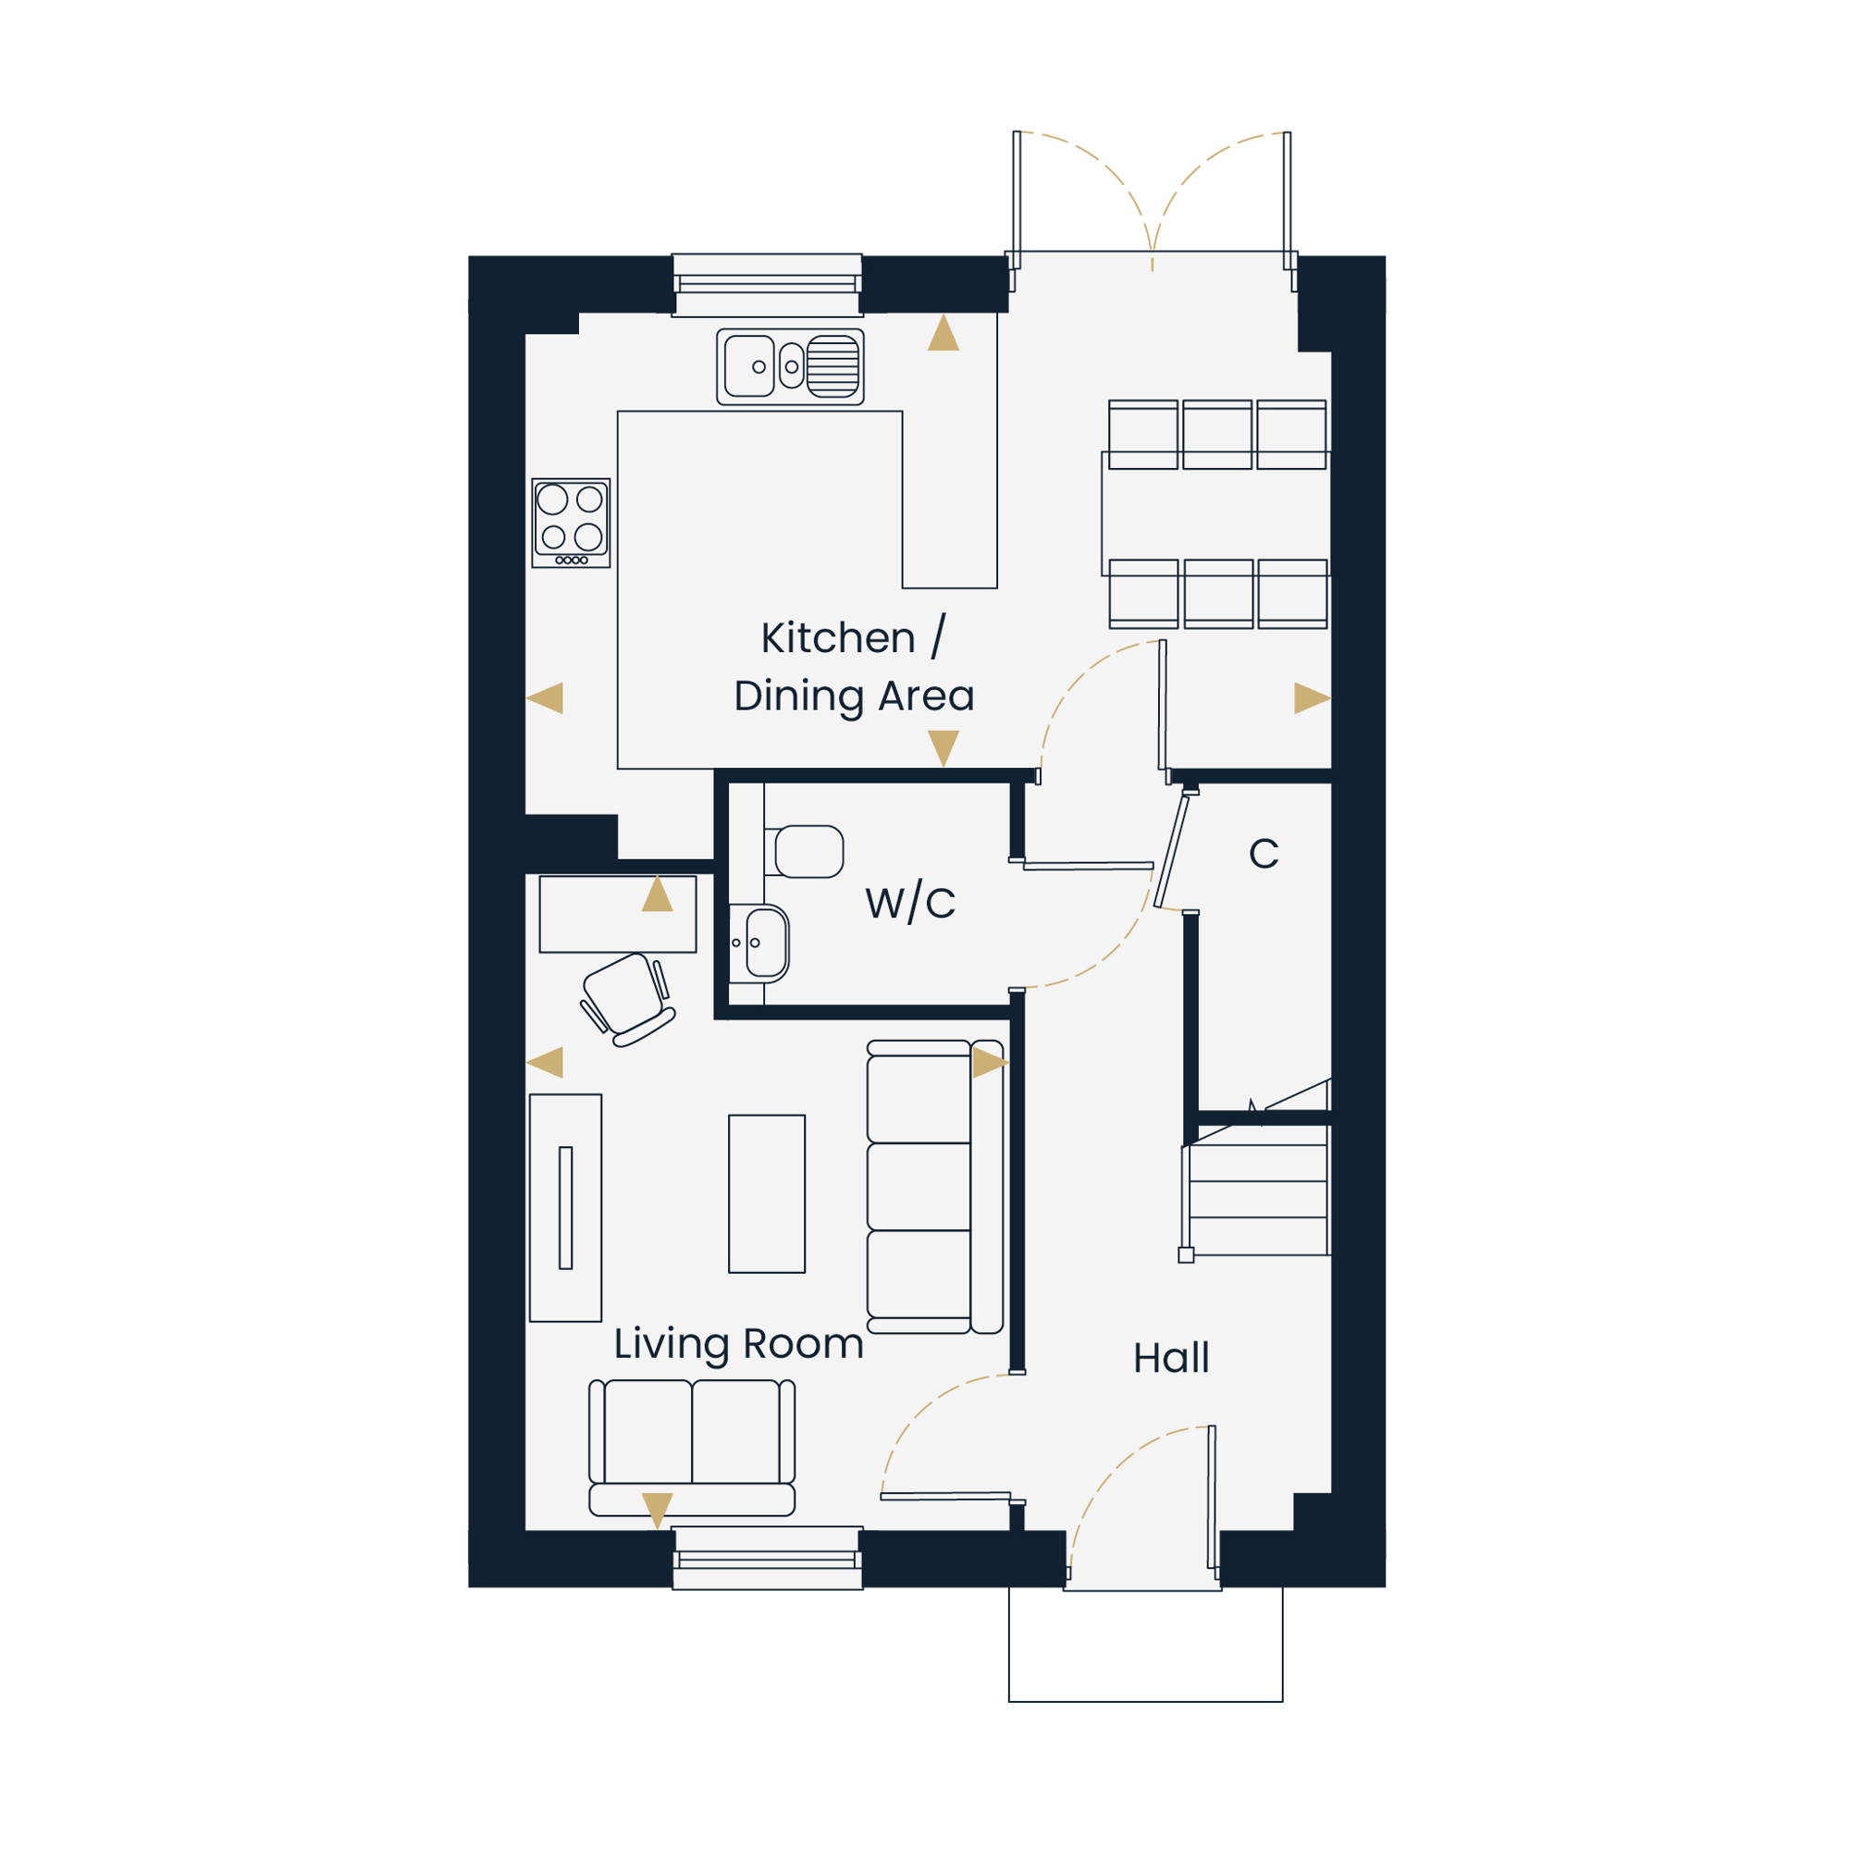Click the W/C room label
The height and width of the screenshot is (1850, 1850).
point(909,902)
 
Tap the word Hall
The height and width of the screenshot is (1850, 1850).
point(1171,1357)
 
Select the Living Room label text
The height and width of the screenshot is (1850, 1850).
point(738,1344)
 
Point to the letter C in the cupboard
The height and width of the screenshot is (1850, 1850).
point(1263,853)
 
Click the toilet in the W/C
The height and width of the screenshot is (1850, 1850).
point(805,851)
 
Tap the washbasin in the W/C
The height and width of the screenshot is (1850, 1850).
point(759,943)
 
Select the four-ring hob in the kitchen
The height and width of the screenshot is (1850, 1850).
point(571,523)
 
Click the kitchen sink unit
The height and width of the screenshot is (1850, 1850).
point(790,366)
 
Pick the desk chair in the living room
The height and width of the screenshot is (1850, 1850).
point(627,1000)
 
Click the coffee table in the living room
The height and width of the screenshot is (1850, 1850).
point(766,1193)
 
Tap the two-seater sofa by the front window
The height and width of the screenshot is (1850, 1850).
point(691,1447)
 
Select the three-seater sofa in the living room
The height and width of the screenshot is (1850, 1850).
point(934,1187)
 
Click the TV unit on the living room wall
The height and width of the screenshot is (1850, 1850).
point(565,1207)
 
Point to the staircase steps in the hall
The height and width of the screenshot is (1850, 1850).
point(1256,1199)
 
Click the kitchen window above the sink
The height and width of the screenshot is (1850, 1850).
point(766,284)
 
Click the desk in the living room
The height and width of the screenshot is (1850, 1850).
point(618,914)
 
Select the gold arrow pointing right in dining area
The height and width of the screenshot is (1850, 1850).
point(1311,698)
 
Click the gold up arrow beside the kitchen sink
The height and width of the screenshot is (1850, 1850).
point(943,332)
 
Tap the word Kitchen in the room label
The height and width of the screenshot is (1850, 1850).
point(838,637)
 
